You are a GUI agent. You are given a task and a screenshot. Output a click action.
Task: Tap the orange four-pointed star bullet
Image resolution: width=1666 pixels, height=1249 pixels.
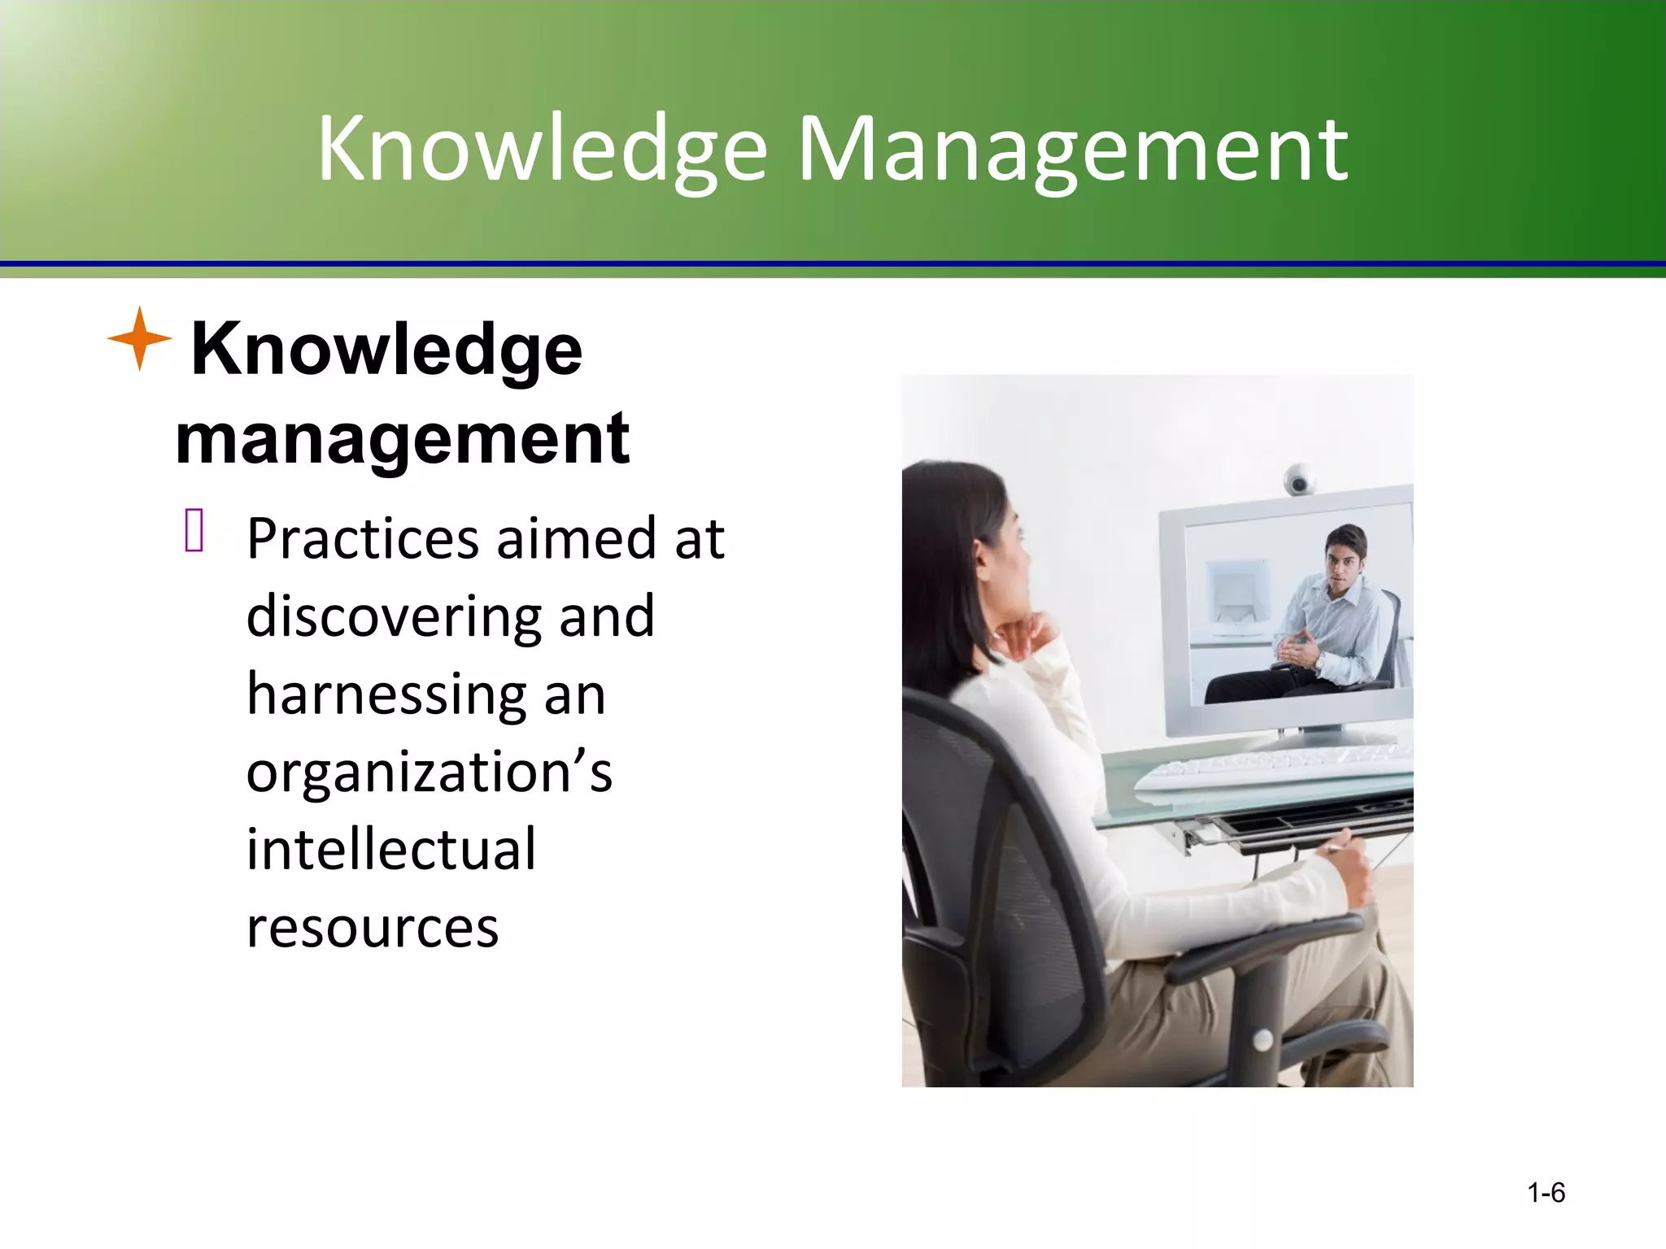[x=140, y=339]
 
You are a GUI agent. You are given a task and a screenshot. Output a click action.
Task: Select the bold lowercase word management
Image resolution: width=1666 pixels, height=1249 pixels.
[x=402, y=439]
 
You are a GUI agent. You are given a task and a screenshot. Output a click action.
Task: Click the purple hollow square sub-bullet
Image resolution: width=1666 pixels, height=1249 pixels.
[x=194, y=530]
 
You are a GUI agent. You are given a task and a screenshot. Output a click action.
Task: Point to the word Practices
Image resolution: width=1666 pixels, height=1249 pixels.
[x=363, y=539]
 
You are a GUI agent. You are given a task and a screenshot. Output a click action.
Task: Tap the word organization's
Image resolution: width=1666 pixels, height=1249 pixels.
[x=429, y=772]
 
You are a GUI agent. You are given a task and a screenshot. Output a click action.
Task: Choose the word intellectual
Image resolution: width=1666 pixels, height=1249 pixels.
[x=391, y=849]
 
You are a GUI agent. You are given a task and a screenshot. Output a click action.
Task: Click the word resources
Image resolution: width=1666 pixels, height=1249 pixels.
[x=372, y=927]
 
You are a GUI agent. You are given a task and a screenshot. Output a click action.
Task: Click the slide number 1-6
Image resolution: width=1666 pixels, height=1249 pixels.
[x=1546, y=1193]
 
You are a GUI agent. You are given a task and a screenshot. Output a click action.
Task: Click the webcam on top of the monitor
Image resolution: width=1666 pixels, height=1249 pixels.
[x=1299, y=480]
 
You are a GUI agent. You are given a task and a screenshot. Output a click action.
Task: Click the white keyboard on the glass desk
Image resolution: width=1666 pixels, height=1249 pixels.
[x=1269, y=772]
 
